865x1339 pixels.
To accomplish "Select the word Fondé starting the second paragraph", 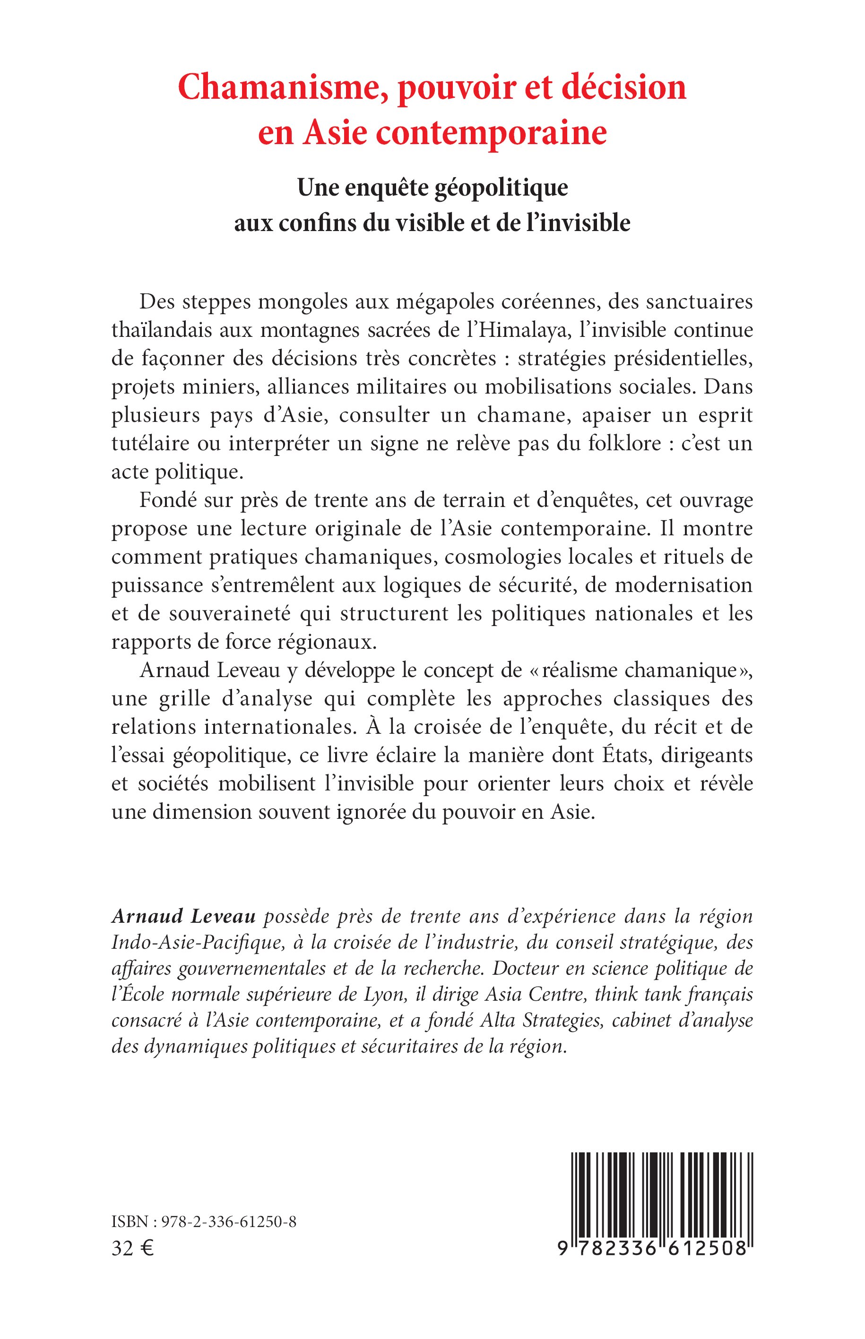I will [166, 500].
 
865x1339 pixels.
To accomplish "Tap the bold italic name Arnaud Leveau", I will [184, 916].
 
